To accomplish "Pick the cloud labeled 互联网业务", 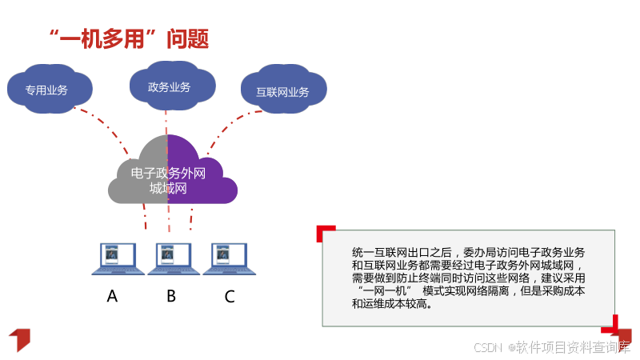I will click(x=282, y=91).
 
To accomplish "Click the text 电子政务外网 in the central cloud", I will click(x=168, y=173).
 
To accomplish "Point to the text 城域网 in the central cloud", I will click(x=168, y=189).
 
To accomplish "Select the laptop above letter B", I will click(x=169, y=258).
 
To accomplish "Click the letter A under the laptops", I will click(x=112, y=297).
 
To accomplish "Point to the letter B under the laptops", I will click(x=170, y=297).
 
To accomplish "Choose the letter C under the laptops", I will click(x=230, y=297).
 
